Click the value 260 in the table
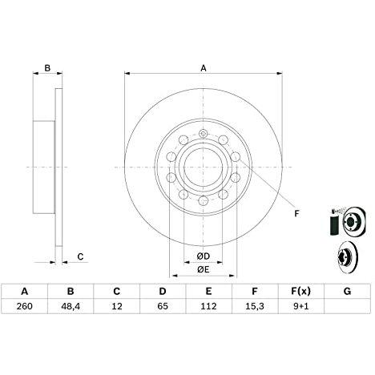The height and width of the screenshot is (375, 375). [24, 306]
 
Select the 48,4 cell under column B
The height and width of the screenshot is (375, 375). [71, 306]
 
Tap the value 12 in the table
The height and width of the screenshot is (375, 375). [117, 306]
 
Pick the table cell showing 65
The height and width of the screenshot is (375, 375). [163, 306]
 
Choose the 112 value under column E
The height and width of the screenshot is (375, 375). [208, 306]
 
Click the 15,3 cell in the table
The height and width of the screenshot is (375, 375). [255, 306]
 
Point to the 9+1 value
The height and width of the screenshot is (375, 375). [300, 306]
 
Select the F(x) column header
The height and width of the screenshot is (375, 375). [300, 291]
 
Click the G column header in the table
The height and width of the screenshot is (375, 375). [347, 291]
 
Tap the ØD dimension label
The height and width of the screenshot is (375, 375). [204, 256]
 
